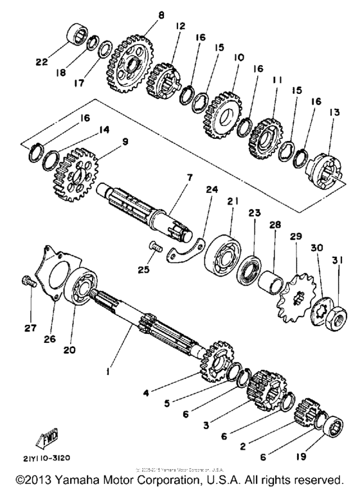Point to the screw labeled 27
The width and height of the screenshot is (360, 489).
[x=28, y=281]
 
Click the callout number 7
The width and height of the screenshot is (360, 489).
[x=170, y=176]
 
